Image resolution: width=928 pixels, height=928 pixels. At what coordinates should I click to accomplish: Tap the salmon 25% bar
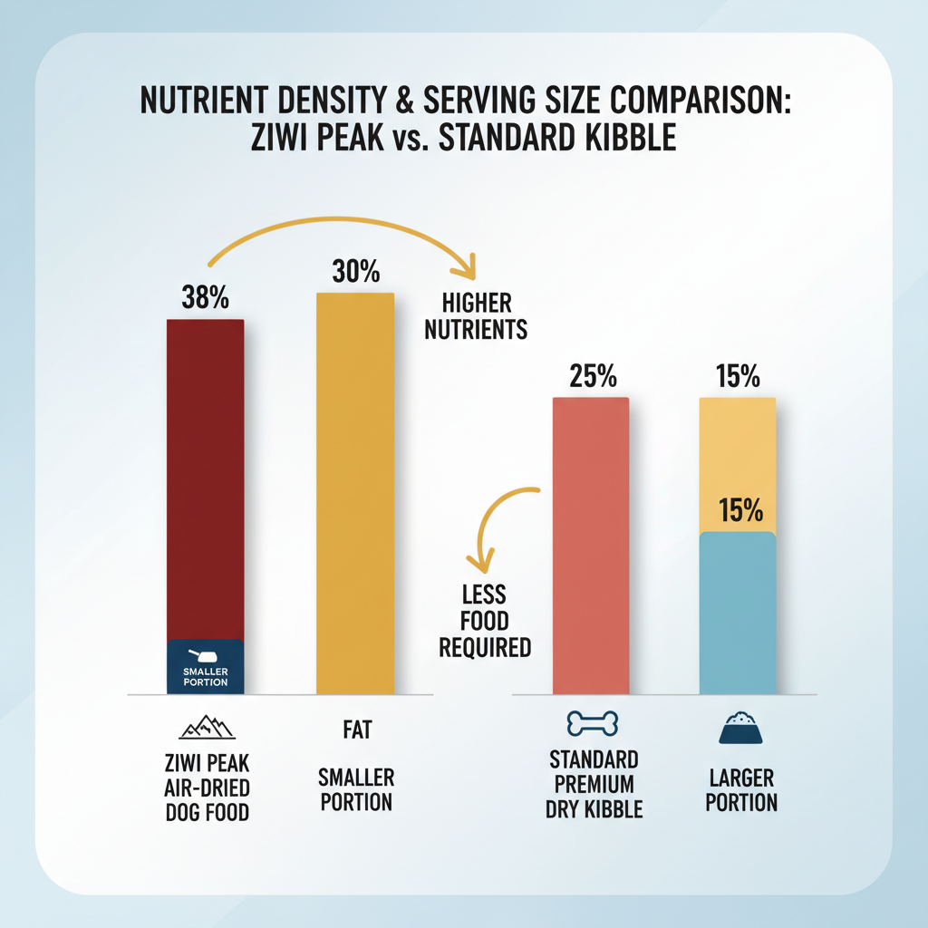click(590, 544)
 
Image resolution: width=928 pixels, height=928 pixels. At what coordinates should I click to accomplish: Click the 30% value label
click(356, 272)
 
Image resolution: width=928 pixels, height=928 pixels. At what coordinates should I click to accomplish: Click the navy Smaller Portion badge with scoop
click(206, 667)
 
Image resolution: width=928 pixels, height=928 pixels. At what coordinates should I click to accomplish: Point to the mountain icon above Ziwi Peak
click(204, 727)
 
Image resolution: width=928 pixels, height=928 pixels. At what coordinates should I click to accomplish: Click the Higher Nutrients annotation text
click(475, 314)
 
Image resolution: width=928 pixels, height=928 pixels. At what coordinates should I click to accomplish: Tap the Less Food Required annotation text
click(483, 621)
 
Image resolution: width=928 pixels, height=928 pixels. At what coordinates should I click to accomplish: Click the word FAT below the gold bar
click(354, 729)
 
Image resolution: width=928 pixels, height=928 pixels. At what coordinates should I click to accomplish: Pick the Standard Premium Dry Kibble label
click(594, 783)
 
